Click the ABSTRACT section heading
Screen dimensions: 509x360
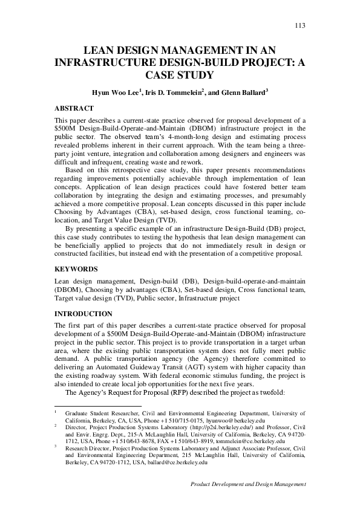74,108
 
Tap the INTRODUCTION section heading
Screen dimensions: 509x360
83,314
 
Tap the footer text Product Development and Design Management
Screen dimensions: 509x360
248,485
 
